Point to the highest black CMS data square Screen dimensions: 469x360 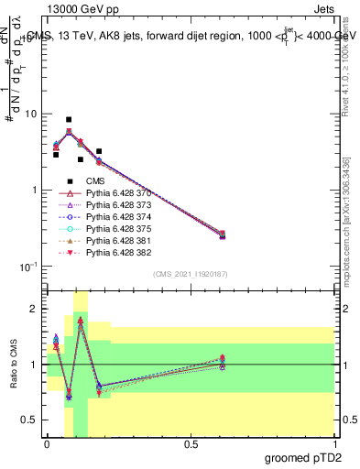pyautogui.click(x=69, y=119)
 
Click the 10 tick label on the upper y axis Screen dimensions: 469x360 pyautogui.click(x=30, y=115)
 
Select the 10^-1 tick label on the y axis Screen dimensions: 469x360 pyautogui.click(x=27, y=267)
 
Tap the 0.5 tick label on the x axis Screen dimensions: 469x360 pyautogui.click(x=191, y=444)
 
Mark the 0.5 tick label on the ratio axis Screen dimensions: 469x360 pyautogui.click(x=31, y=420)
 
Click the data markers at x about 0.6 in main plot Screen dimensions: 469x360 pyautogui.click(x=222, y=234)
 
